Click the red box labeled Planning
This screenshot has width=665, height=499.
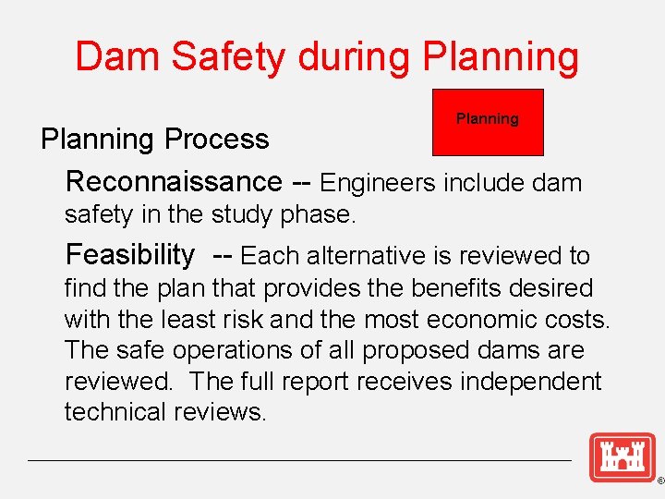click(x=488, y=121)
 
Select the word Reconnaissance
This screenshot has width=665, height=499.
click(x=173, y=181)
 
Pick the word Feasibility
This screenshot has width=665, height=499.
click(x=130, y=254)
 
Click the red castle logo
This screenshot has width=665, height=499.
click(x=622, y=456)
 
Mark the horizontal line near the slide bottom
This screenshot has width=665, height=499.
click(x=300, y=460)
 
